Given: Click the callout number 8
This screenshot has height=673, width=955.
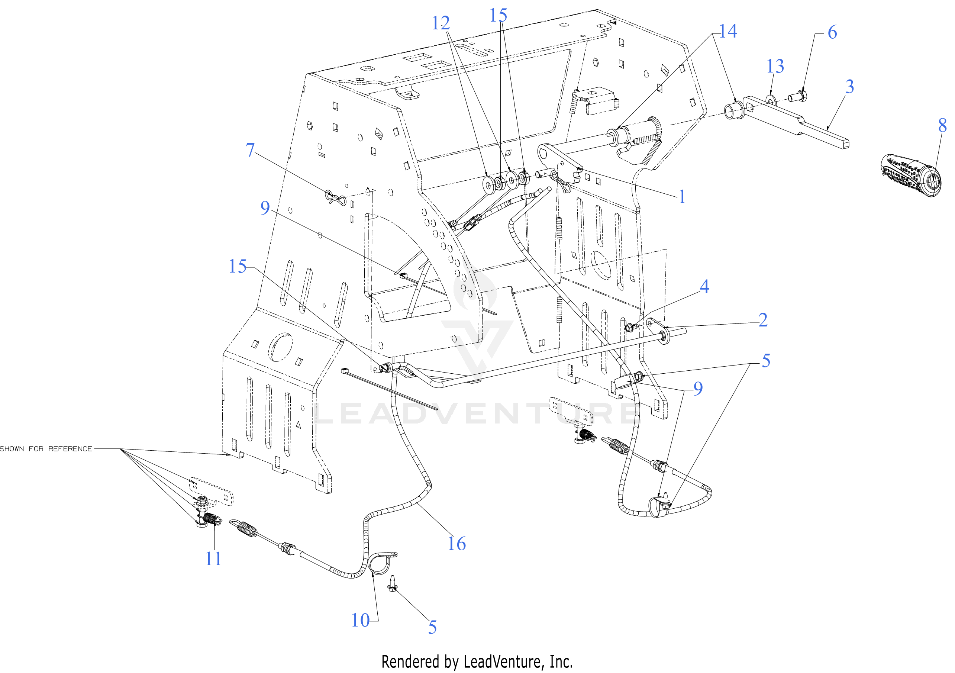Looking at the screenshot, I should pos(942,126).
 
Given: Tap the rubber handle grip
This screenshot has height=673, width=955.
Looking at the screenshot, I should pos(910,176).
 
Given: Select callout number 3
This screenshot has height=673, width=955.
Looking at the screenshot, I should pos(849,87).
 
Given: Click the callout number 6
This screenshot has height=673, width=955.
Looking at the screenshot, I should pos(832,32).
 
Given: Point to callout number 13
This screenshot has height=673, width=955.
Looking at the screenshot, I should pos(775,66).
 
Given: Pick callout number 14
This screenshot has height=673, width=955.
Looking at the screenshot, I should pos(727,31).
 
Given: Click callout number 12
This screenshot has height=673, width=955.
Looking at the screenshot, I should pos(441,23).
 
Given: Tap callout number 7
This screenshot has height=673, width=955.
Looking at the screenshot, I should pos(250,150).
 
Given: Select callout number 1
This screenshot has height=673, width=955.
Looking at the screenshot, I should pos(682,197).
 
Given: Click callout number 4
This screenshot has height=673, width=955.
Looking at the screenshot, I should pos(704,286).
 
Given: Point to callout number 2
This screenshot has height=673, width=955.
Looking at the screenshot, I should pos(762,320).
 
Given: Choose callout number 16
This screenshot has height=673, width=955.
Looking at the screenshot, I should pos(456,544).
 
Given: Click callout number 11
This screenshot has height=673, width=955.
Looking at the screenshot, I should pos(213,559).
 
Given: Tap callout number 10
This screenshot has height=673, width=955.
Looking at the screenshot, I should pos(360,621).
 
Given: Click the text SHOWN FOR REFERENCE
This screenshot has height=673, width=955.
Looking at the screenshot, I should pos(46,449).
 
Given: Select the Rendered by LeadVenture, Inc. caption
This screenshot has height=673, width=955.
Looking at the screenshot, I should pos(477,661).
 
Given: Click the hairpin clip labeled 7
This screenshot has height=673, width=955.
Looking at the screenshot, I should pos(335,197).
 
